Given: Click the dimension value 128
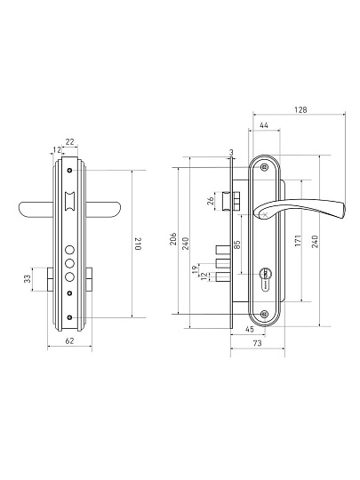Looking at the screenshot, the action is (300, 110).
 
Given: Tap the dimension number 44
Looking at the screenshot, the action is (264, 126).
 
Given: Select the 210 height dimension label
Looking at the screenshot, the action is (138, 244).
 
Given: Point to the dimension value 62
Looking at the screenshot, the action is (70, 340).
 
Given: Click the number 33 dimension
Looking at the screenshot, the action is (28, 278).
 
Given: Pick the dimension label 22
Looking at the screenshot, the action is (70, 141).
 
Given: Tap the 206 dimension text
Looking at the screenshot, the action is (173, 238).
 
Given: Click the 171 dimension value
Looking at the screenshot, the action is (299, 241).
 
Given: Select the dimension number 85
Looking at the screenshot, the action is (237, 244).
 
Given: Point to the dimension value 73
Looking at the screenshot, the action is (258, 343).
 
